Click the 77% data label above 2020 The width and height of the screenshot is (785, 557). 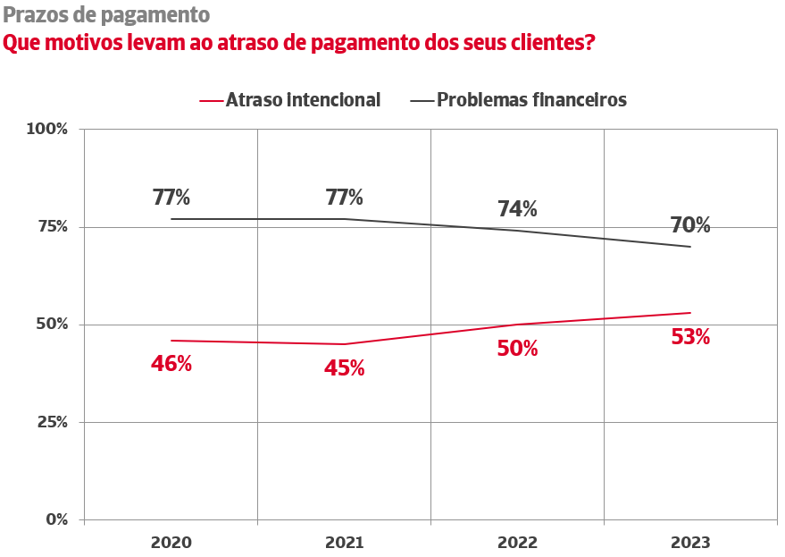(x=171, y=198)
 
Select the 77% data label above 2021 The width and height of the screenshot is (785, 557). (x=344, y=198)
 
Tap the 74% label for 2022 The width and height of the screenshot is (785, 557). (x=517, y=209)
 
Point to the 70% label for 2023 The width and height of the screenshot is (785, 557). (x=690, y=225)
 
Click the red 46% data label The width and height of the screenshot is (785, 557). (x=171, y=364)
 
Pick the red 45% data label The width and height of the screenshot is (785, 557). (x=344, y=368)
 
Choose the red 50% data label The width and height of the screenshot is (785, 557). (x=517, y=349)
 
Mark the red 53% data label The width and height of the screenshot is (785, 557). (x=690, y=337)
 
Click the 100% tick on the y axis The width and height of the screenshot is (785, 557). (x=47, y=129)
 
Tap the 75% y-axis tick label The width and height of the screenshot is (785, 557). (x=51, y=226)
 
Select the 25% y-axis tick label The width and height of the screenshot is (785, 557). (x=51, y=422)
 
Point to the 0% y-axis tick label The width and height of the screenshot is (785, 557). (x=55, y=519)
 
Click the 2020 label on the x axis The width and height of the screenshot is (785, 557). (x=171, y=543)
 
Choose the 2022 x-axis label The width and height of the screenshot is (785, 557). (x=517, y=543)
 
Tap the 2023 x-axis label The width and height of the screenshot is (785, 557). (x=690, y=543)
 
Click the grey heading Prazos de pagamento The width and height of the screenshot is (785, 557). (x=106, y=15)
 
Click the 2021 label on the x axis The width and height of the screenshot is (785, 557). (x=344, y=543)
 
